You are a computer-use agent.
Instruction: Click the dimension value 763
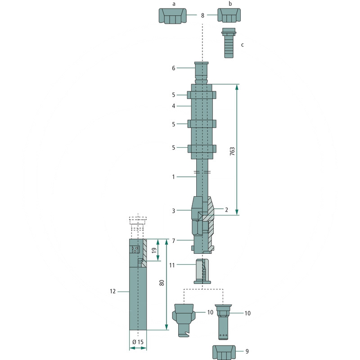pos(232,151)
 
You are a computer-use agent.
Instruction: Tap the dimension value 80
pos(162,283)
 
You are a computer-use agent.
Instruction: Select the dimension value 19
pos(154,250)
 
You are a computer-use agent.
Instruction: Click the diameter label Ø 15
pos(138,342)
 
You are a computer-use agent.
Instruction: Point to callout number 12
pos(112,291)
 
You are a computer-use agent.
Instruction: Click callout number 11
pos(172,265)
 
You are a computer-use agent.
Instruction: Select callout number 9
pos(247,351)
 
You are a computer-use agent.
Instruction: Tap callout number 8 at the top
pos(202,15)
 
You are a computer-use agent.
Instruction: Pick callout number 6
pos(174,68)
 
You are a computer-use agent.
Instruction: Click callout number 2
pos(226,210)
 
